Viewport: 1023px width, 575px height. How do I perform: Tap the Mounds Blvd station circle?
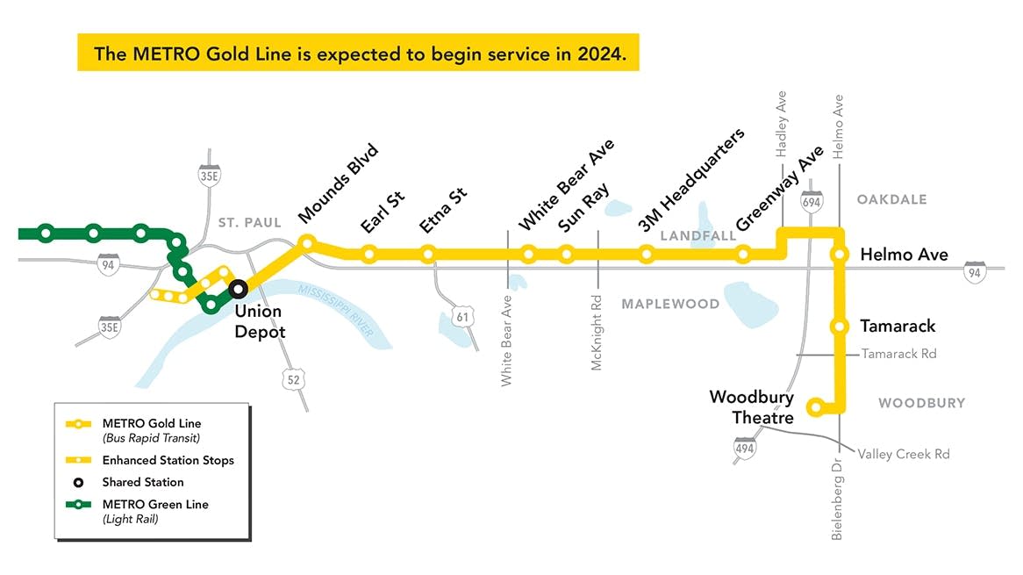(307, 241)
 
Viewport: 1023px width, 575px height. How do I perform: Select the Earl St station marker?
(369, 255)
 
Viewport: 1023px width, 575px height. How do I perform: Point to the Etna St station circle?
(428, 255)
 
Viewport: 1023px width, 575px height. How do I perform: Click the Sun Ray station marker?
(567, 255)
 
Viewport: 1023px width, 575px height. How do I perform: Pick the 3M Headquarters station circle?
(647, 255)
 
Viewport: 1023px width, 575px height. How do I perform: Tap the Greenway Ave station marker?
(743, 255)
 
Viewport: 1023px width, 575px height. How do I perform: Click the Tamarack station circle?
(840, 327)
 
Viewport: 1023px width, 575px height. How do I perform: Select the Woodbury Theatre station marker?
(816, 406)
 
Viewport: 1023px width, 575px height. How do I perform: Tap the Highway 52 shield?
(293, 378)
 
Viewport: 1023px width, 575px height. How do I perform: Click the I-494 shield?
(745, 449)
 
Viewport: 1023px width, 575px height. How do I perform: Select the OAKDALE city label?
(891, 200)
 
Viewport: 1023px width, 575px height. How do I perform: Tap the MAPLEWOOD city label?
(670, 305)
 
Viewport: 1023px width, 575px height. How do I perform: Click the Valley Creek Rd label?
(903, 454)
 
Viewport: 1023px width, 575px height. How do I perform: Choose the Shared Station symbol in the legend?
(78, 482)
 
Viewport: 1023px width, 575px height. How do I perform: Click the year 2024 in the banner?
(602, 54)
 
